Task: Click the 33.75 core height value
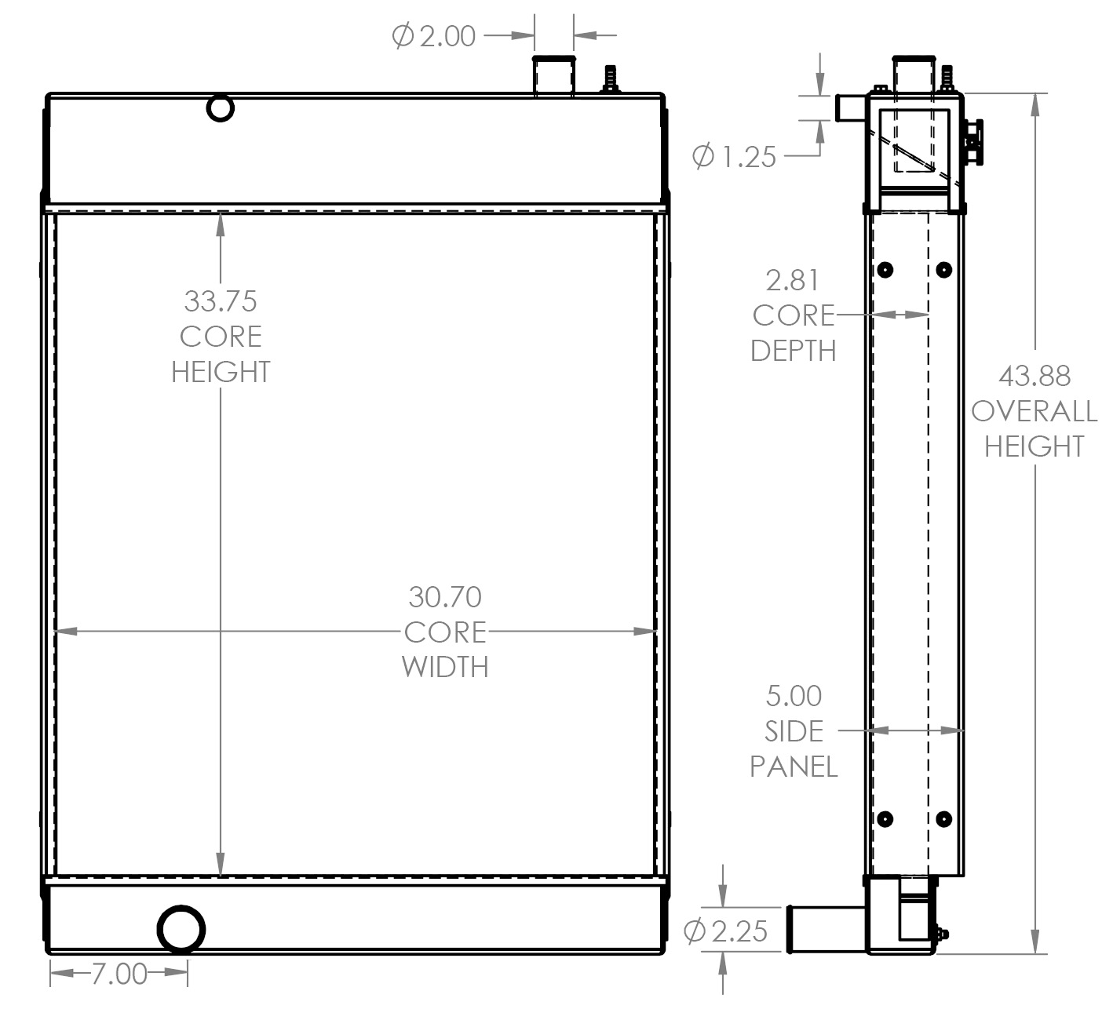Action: (x=221, y=301)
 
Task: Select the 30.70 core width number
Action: (x=444, y=597)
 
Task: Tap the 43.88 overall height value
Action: (x=1034, y=377)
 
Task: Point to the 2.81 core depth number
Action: (x=793, y=280)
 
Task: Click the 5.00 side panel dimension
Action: (x=794, y=696)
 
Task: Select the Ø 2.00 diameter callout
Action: (x=434, y=36)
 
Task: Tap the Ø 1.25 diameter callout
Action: (x=734, y=157)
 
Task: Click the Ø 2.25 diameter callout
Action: (x=726, y=931)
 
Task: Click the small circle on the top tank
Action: (x=221, y=107)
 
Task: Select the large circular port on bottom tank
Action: (x=181, y=929)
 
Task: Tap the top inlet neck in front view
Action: (x=554, y=77)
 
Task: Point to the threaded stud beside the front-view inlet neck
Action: (x=610, y=79)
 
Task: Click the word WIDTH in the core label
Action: (x=444, y=667)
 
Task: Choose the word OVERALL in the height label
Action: (x=1034, y=411)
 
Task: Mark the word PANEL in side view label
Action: (x=794, y=767)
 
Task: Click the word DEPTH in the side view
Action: (x=793, y=351)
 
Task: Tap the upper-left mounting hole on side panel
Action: (x=885, y=270)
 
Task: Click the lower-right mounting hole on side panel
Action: (x=944, y=819)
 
